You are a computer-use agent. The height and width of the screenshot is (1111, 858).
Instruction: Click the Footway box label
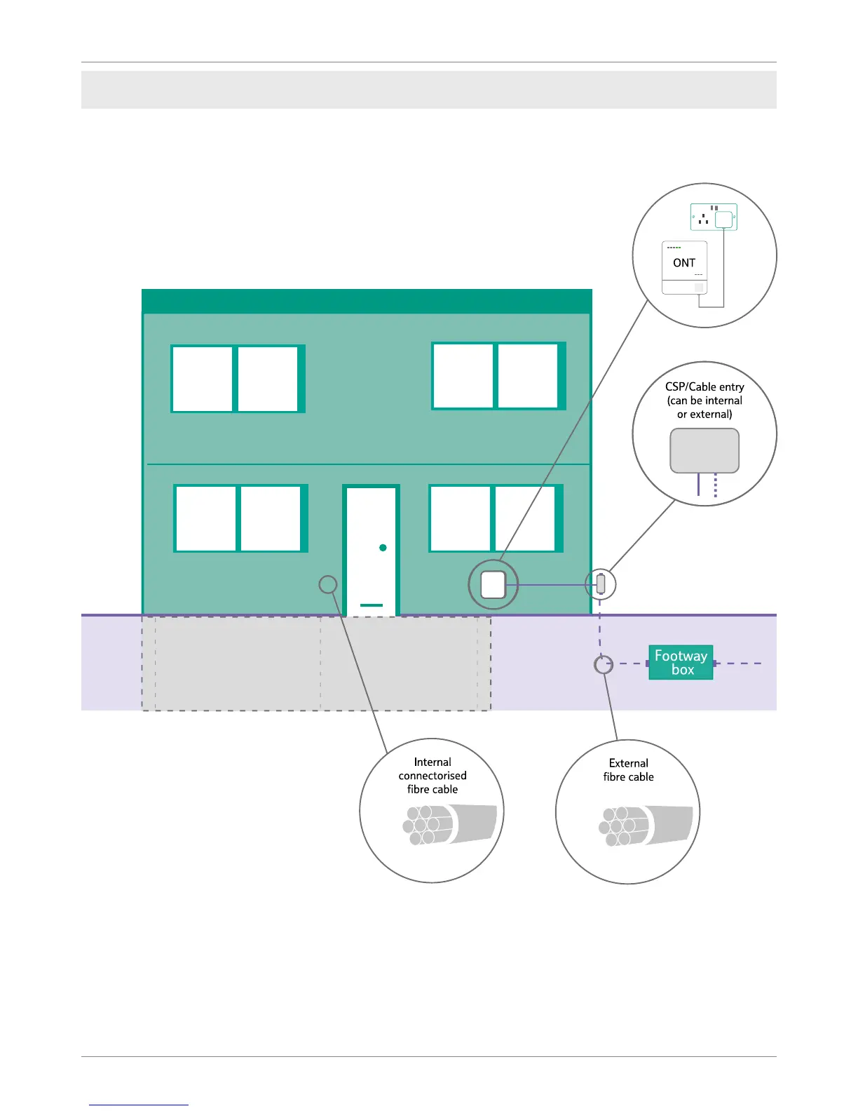(681, 662)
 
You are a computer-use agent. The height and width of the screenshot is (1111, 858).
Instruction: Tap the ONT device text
(684, 263)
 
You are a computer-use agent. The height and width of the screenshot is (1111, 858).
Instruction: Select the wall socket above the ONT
(714, 217)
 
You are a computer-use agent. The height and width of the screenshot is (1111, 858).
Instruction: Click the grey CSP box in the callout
(704, 450)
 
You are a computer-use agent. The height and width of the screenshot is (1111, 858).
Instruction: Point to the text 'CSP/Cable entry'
(704, 386)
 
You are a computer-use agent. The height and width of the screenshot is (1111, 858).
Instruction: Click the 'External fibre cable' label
(628, 770)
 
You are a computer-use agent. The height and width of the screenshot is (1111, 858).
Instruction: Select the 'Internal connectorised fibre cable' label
(433, 776)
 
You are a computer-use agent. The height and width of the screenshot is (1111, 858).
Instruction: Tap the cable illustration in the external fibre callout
(645, 825)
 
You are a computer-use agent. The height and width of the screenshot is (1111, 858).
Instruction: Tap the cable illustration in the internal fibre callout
(449, 824)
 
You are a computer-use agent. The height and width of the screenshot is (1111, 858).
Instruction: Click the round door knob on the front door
(383, 548)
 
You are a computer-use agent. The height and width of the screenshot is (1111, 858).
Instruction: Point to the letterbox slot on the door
(372, 605)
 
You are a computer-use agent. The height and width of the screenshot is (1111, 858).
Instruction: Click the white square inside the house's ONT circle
(493, 584)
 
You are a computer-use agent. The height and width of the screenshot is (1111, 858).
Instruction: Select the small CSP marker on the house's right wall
(601, 584)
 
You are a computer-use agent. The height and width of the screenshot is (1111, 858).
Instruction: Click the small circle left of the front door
(328, 584)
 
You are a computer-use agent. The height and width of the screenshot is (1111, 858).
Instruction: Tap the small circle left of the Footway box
(604, 664)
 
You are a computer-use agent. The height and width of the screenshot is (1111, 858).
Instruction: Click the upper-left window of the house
(238, 379)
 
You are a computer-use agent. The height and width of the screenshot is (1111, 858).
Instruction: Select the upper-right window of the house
(498, 376)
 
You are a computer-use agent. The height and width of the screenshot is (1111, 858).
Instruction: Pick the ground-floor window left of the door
(240, 518)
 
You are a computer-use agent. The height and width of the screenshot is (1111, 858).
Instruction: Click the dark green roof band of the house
(367, 301)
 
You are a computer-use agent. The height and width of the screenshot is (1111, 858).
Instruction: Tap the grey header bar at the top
(428, 90)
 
